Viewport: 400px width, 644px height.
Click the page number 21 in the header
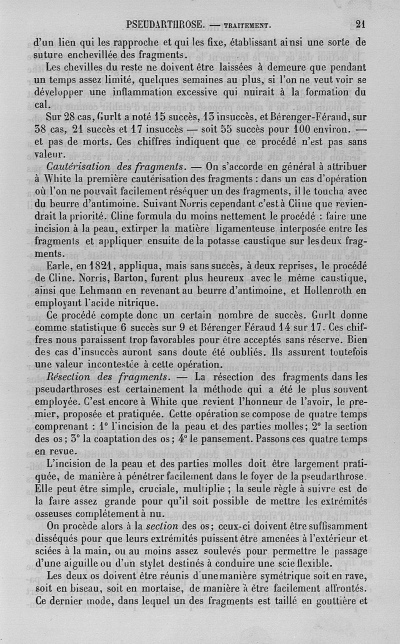pos(361,23)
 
